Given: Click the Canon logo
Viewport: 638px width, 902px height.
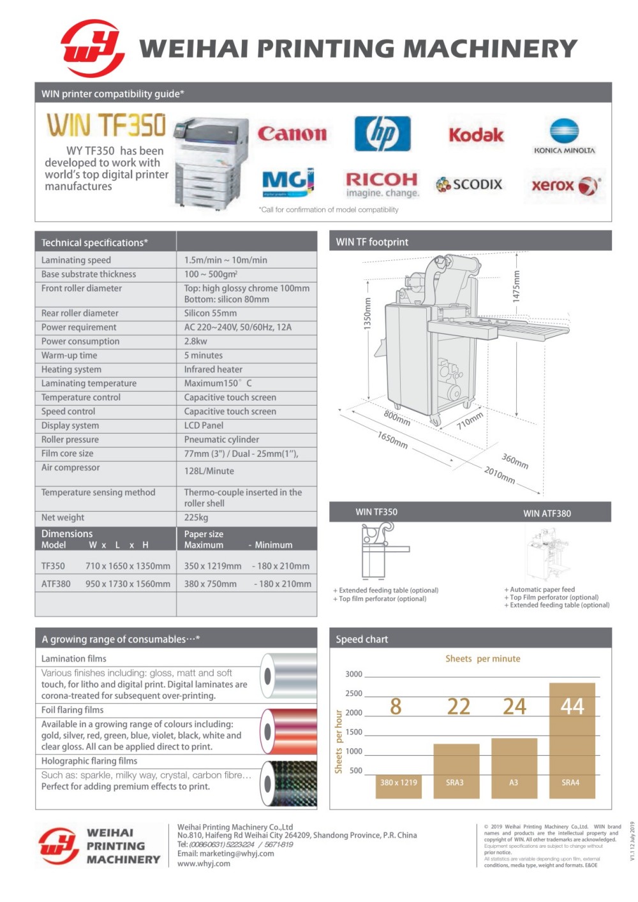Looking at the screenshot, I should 292,134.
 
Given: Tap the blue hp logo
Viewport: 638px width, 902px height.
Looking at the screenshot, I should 382,133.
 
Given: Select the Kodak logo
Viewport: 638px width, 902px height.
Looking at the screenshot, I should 476,135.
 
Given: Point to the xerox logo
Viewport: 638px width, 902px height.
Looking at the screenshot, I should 565,186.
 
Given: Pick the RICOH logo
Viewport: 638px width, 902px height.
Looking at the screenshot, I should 382,184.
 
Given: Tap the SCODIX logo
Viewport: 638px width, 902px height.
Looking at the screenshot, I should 469,184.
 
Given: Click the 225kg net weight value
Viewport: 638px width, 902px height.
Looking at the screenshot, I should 197,517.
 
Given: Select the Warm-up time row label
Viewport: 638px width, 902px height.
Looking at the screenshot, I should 70,355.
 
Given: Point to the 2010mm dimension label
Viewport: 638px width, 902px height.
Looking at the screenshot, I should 499,475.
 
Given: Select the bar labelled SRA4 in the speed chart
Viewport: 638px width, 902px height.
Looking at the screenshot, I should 572,740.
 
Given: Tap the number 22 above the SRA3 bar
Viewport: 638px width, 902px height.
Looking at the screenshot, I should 458,707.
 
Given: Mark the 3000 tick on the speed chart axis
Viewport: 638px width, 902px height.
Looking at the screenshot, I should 353,674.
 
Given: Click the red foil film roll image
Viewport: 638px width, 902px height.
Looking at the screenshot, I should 289,730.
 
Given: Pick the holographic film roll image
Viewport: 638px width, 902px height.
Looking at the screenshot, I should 289,783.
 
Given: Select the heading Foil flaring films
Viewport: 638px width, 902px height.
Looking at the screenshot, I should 72,710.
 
